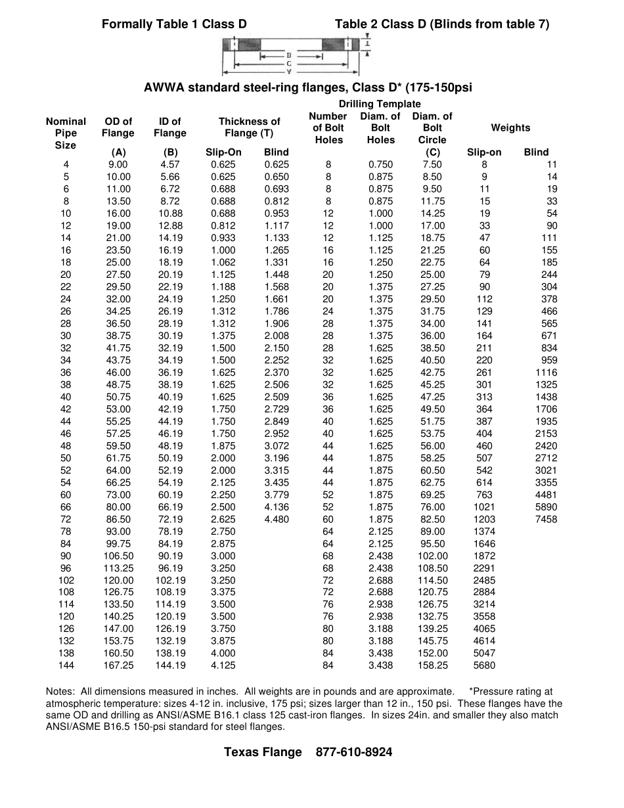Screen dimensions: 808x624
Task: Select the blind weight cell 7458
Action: [x=546, y=519]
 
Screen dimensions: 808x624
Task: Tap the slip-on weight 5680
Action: [x=484, y=665]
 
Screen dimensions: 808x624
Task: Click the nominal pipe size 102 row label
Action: [x=66, y=580]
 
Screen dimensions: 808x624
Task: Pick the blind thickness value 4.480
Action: [x=277, y=519]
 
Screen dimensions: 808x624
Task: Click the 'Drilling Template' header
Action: [x=380, y=104]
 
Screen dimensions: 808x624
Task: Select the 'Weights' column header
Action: [x=510, y=128]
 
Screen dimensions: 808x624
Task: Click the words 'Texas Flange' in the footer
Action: [x=263, y=752]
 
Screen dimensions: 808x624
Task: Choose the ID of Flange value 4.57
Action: [x=170, y=164]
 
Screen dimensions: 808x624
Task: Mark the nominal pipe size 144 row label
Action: [x=66, y=665]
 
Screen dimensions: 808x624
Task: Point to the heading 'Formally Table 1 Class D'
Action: [x=174, y=24]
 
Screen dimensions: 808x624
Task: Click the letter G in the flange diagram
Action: [x=289, y=64]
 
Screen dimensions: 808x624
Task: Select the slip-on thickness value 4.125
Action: [x=223, y=665]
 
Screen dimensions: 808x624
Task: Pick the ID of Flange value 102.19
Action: [x=170, y=580]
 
